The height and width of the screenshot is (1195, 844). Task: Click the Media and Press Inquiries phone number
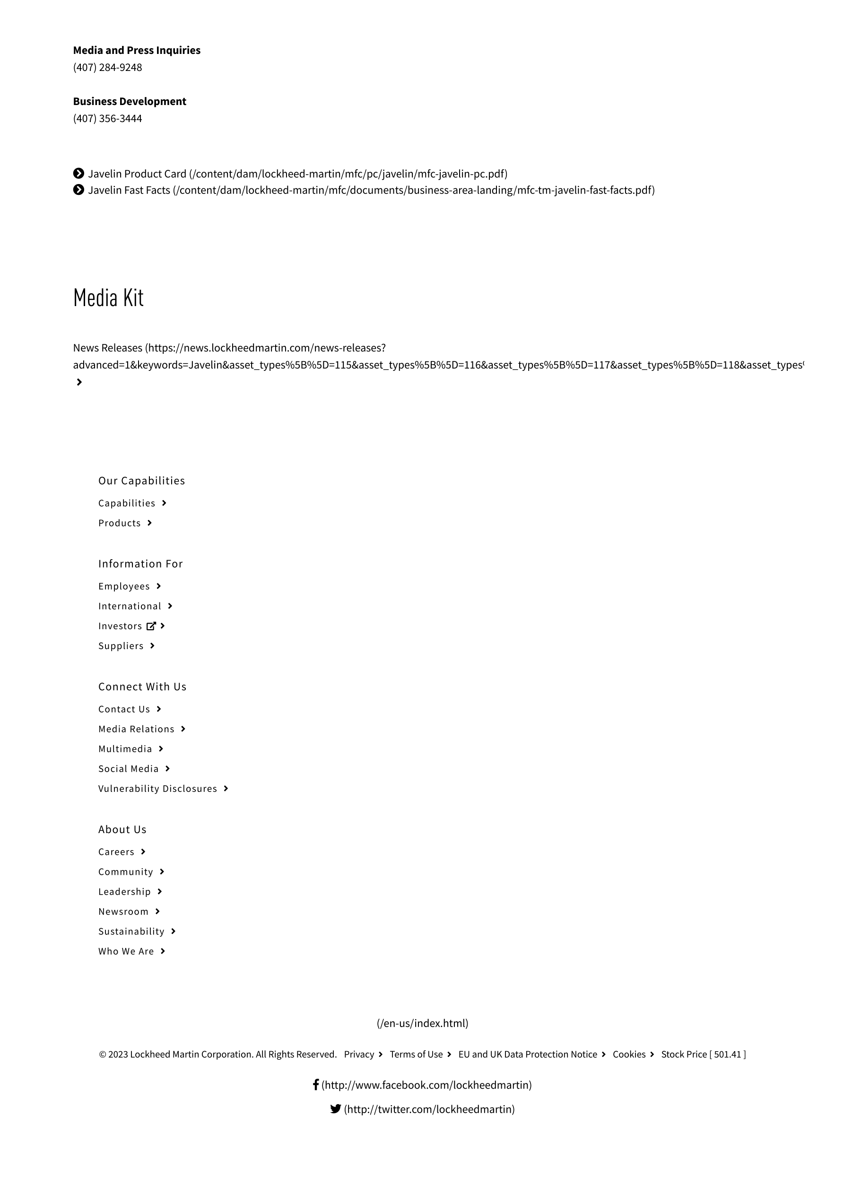pos(107,68)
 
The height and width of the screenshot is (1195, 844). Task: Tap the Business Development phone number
pos(107,119)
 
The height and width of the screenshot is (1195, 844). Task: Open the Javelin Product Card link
pos(137,174)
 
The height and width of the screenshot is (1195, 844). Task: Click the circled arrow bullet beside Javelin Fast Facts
pos(78,190)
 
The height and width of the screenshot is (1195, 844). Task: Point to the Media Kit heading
pos(108,298)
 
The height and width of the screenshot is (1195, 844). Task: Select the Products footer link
pos(119,523)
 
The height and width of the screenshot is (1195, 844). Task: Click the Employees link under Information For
pos(124,587)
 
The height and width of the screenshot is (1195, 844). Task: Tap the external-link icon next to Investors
pos(151,626)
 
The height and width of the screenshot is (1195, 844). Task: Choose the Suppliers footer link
pos(121,646)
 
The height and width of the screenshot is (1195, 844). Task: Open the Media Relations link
pos(136,729)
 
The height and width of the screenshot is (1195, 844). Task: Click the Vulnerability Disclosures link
pos(157,789)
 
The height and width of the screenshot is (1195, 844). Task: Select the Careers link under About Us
pos(116,852)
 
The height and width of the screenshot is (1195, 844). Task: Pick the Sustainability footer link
pos(131,931)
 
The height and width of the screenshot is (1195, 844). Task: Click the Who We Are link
pos(126,951)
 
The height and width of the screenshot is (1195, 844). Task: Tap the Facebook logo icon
pos(315,1085)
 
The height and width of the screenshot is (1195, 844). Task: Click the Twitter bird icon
pos(336,1108)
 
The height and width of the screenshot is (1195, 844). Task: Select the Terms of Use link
pos(416,1054)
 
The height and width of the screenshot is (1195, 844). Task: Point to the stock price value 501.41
pos(727,1054)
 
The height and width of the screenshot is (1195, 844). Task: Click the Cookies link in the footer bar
pos(628,1054)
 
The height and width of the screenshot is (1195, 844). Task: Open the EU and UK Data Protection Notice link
pos(528,1054)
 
